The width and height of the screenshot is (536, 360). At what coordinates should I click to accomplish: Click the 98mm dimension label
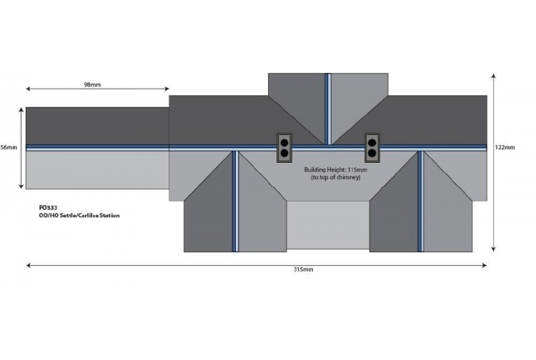click(92, 84)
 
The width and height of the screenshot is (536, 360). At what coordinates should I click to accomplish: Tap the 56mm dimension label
click(9, 147)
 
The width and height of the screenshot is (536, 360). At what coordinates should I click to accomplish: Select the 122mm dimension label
click(505, 147)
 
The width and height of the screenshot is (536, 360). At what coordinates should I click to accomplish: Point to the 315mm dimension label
click(303, 269)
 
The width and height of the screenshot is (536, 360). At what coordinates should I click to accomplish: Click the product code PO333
click(48, 208)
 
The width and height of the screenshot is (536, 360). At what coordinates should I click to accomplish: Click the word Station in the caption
click(109, 216)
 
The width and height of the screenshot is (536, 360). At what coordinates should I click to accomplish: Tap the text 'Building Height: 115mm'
click(336, 169)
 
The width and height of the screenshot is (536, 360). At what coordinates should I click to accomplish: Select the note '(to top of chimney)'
click(336, 178)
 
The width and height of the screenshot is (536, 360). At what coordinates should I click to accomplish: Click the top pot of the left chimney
click(284, 142)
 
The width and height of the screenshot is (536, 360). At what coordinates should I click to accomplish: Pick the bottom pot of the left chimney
click(284, 153)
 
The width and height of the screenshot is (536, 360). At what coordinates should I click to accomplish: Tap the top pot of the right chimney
click(372, 142)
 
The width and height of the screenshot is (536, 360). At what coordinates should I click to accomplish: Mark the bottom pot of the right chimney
click(372, 153)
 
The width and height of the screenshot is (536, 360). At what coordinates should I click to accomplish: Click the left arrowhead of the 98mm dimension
click(29, 89)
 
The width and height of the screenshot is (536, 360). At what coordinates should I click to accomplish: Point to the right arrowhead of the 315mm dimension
click(485, 265)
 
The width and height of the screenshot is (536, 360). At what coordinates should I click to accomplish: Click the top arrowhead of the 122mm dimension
click(493, 76)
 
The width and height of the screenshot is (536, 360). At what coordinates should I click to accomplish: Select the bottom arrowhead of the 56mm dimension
click(21, 186)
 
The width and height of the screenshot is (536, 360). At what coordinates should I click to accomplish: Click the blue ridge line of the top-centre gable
click(328, 109)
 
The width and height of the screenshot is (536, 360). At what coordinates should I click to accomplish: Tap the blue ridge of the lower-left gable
click(236, 201)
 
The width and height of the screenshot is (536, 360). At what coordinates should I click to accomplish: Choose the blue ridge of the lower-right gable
click(421, 201)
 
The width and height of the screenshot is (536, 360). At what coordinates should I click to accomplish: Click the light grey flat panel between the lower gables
click(328, 225)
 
